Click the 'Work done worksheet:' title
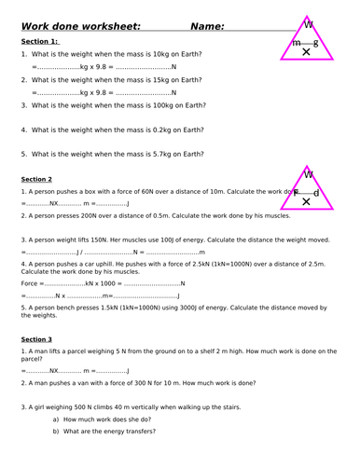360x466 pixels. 81,26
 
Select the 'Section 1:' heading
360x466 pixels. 40,42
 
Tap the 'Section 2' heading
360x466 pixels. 36,178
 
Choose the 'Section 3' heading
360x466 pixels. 36,339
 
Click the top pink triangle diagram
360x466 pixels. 307,38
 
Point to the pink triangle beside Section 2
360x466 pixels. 307,188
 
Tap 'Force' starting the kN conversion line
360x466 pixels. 30,283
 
